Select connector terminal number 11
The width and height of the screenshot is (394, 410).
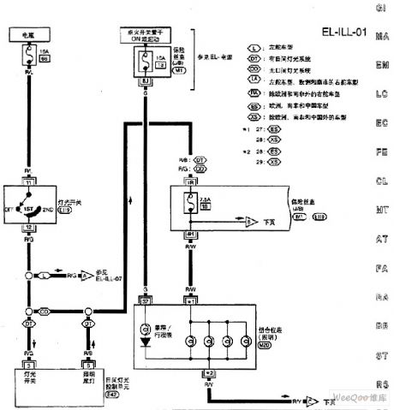[29, 182]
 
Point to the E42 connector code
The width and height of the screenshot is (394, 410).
[110, 396]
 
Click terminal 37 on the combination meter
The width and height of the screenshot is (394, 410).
[145, 302]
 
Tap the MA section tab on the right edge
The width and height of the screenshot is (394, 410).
[383, 39]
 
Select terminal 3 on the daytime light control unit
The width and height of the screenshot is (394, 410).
[29, 365]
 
